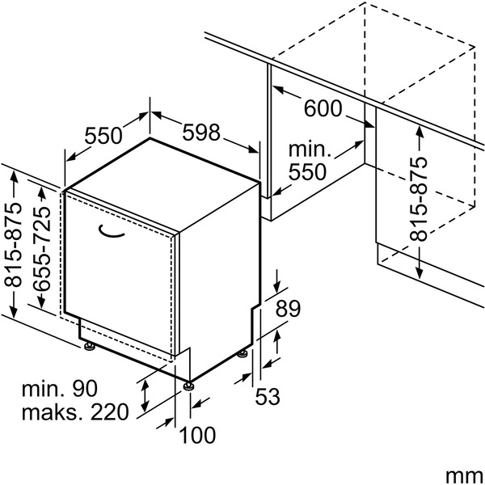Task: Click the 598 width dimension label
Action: pyautogui.click(x=201, y=132)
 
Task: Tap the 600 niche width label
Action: pyautogui.click(x=323, y=108)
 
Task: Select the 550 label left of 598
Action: pyautogui.click(x=103, y=136)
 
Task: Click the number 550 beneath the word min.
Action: pyautogui.click(x=307, y=172)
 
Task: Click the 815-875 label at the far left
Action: pyautogui.click(x=13, y=245)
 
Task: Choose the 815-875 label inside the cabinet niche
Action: pyautogui.click(x=419, y=199)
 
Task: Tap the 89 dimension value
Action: pyautogui.click(x=288, y=309)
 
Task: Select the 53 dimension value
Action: pyautogui.click(x=268, y=396)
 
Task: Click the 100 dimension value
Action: pyautogui.click(x=197, y=435)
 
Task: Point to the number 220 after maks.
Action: pyautogui.click(x=109, y=411)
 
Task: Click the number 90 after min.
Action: pyautogui.click(x=85, y=388)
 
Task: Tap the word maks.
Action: pyautogui.click(x=53, y=411)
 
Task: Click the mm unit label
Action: pyautogui.click(x=465, y=474)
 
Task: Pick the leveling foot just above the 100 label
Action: pyautogui.click(x=188, y=386)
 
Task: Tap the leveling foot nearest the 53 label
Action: pyautogui.click(x=242, y=353)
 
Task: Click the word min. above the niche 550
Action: pyautogui.click(x=310, y=150)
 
